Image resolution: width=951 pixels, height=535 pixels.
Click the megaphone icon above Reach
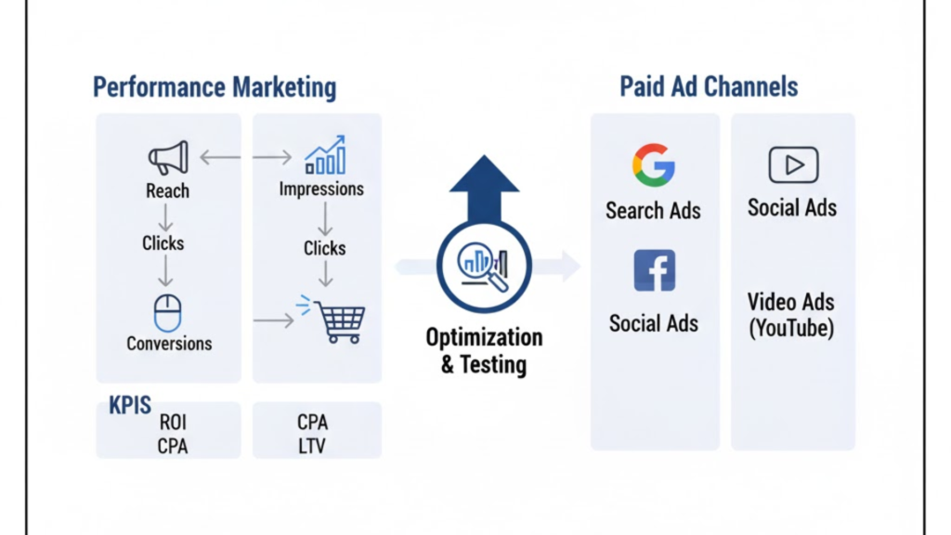pos(168,158)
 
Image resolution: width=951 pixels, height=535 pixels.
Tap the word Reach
pos(167,191)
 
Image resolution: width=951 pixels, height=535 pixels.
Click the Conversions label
pos(169,344)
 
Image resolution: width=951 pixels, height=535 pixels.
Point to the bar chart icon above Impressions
pos(325,155)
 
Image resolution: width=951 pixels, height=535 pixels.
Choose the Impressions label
pos(321,189)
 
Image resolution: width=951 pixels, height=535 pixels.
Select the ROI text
pos(173,423)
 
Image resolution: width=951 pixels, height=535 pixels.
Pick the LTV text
pos(312,447)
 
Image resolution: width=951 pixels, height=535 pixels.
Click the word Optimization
pos(484,337)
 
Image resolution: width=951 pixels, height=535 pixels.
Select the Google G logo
pos(654,166)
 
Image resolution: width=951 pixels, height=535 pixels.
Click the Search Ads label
pos(653,211)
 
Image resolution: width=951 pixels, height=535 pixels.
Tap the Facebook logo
pos(654,270)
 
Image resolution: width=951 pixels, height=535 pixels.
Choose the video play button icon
pos(793,165)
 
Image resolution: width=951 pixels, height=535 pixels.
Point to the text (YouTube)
pos(791,328)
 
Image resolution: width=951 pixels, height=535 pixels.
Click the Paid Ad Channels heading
pos(709,87)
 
